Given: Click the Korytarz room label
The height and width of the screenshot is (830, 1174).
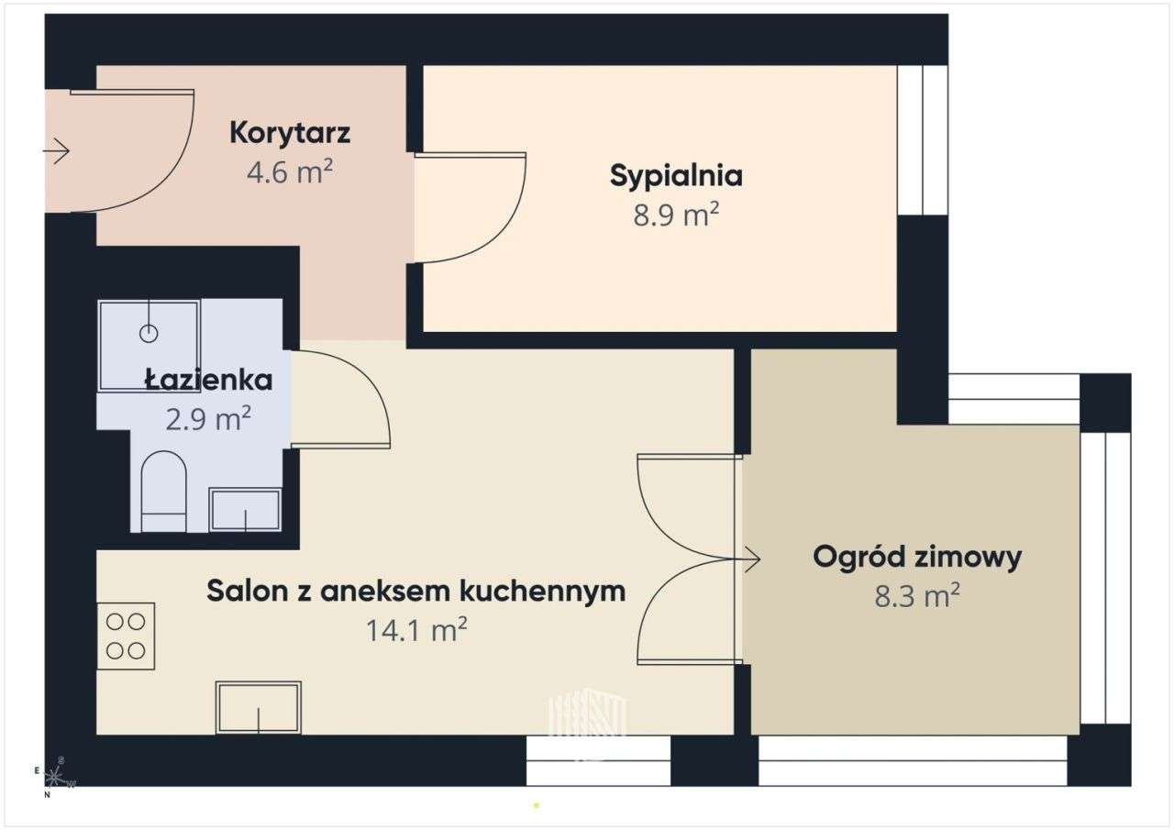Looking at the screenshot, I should click(x=290, y=133).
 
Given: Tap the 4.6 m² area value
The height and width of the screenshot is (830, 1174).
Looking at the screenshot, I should click(x=290, y=172).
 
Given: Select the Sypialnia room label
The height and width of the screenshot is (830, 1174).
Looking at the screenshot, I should click(x=676, y=175).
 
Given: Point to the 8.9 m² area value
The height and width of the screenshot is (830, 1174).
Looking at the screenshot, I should click(x=676, y=216).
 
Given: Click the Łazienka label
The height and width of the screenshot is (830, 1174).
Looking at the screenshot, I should click(x=208, y=379).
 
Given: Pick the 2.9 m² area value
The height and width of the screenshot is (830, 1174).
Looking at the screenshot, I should click(x=208, y=419).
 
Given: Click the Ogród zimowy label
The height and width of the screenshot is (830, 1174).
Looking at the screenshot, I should click(x=917, y=557).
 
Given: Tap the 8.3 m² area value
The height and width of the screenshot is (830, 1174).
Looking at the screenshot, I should click(x=917, y=596).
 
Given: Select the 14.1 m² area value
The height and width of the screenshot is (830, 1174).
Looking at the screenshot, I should click(x=417, y=630).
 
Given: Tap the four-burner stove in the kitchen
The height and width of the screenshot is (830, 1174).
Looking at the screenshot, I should click(x=126, y=636).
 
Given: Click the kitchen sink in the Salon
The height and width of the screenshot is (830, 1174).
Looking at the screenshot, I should click(x=259, y=707).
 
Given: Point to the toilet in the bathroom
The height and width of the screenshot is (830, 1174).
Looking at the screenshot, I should click(x=164, y=491).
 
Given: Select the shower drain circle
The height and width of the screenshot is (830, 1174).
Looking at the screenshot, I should click(x=149, y=334).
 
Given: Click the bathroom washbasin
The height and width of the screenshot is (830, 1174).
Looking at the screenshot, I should click(x=245, y=510).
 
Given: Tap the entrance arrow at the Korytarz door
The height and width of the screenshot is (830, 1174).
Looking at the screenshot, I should click(x=57, y=150).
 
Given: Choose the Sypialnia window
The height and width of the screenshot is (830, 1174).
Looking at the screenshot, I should click(x=922, y=140).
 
